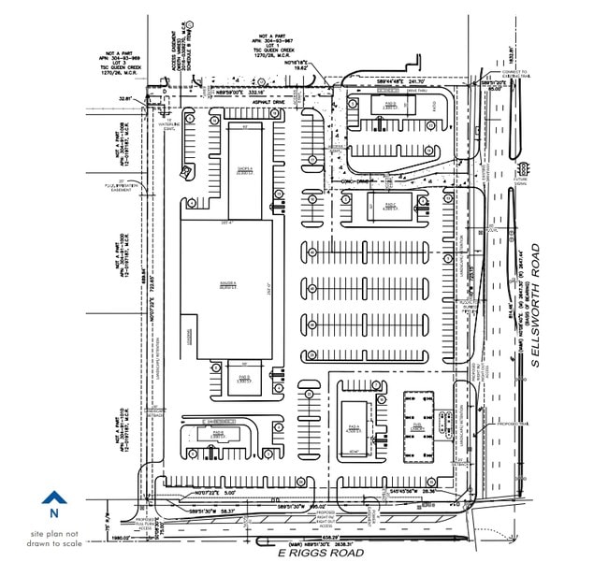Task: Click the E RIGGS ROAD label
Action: click(x=321, y=553)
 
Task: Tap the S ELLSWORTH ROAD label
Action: click(x=536, y=304)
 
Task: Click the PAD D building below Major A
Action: click(x=243, y=380)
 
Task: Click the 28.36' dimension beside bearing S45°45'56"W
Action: click(x=428, y=490)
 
